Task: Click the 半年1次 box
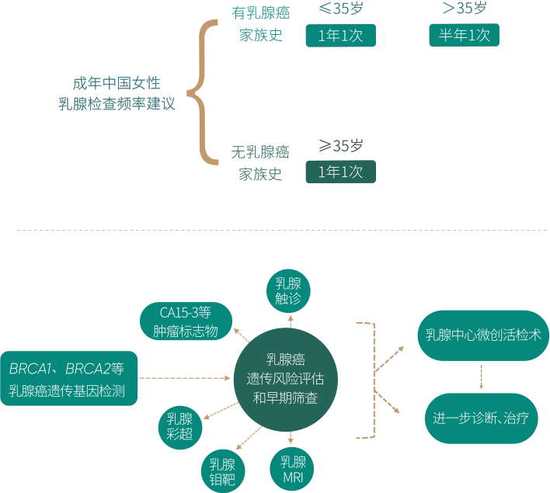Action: (x=464, y=35)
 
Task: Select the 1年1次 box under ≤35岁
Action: (x=340, y=35)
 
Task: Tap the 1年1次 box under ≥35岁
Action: (x=340, y=172)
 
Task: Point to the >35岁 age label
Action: (x=464, y=9)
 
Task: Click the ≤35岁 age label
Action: (x=340, y=9)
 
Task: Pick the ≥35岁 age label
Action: (x=340, y=145)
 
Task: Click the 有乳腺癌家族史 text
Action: (x=260, y=25)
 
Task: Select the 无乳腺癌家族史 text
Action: (x=260, y=162)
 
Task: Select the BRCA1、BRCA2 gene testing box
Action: (x=68, y=378)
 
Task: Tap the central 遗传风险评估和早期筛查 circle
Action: (x=289, y=378)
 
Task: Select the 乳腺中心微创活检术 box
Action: (x=483, y=335)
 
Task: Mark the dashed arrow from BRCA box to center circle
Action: (x=186, y=378)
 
